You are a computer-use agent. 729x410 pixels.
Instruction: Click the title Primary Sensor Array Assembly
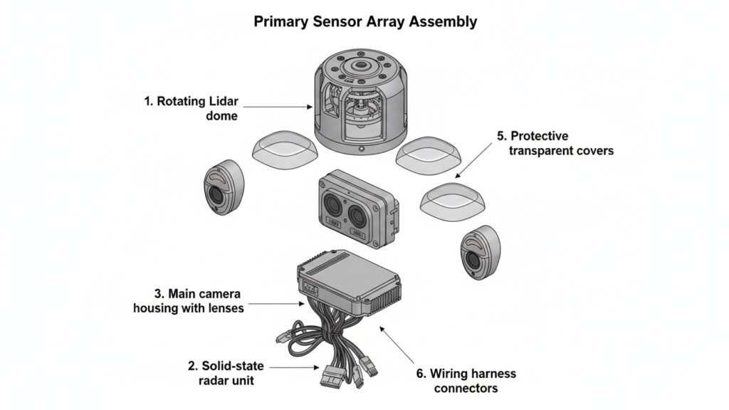point(365,21)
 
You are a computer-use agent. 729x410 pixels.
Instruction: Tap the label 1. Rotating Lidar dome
point(191,108)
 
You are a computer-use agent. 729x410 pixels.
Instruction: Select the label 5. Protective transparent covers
point(555,142)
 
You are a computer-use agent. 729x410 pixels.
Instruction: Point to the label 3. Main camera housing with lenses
point(189,300)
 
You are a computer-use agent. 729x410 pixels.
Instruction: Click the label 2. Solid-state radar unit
point(226,373)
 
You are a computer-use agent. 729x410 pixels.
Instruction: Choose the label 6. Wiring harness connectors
point(465,381)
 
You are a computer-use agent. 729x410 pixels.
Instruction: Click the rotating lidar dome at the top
point(361,100)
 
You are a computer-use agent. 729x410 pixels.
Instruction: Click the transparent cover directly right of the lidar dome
point(428,154)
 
